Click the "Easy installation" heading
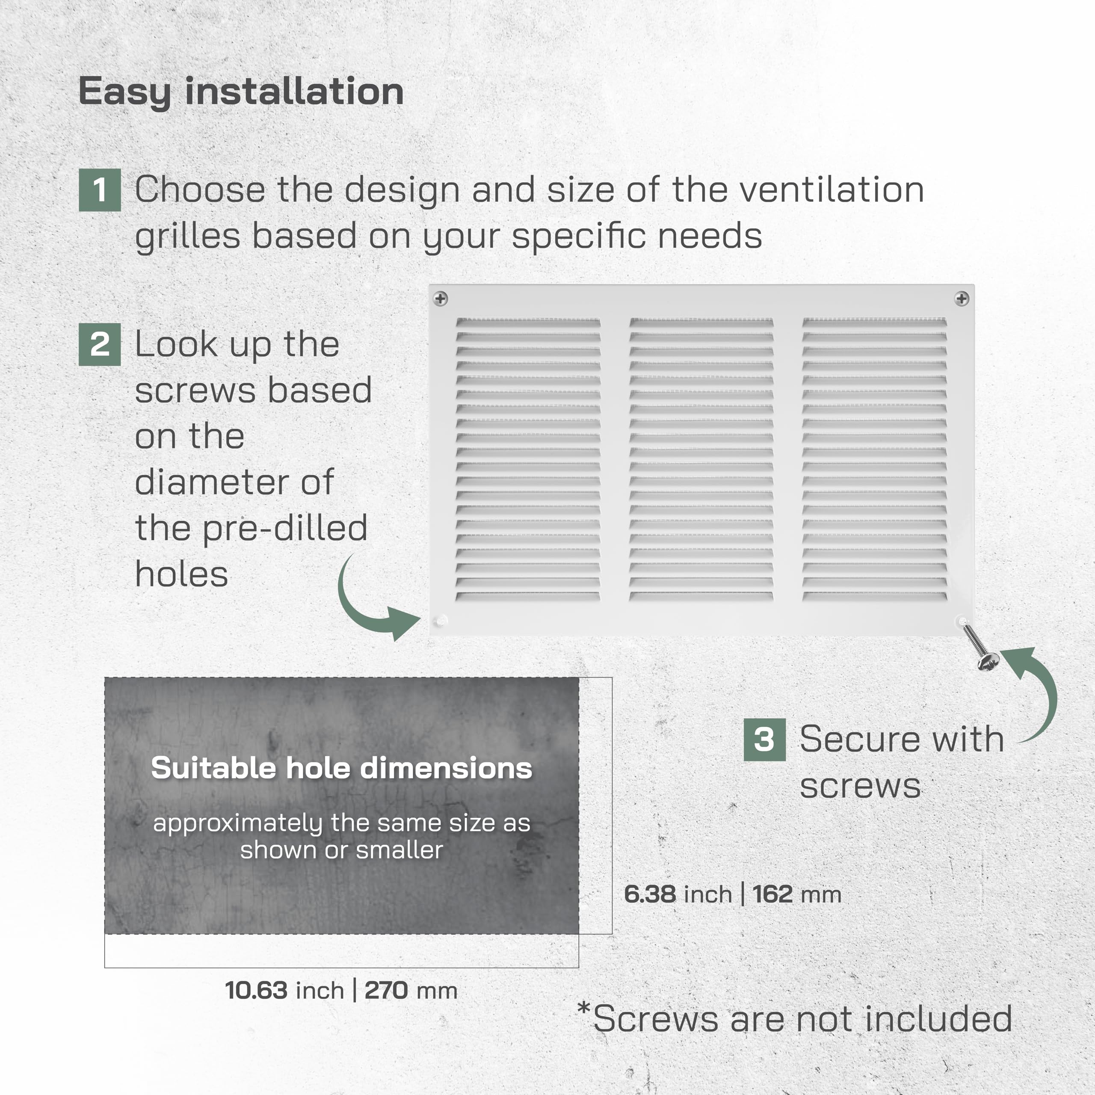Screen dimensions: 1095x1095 click(241, 92)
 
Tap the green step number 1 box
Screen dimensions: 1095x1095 click(100, 190)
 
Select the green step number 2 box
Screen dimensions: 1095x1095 click(100, 344)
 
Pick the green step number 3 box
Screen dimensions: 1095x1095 click(764, 739)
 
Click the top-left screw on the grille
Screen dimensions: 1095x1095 click(441, 298)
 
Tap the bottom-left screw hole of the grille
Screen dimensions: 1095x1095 click(441, 621)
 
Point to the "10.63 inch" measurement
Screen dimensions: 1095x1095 click(284, 991)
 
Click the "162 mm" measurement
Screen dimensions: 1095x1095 click(797, 894)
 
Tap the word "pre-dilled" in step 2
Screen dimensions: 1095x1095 click(285, 529)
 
